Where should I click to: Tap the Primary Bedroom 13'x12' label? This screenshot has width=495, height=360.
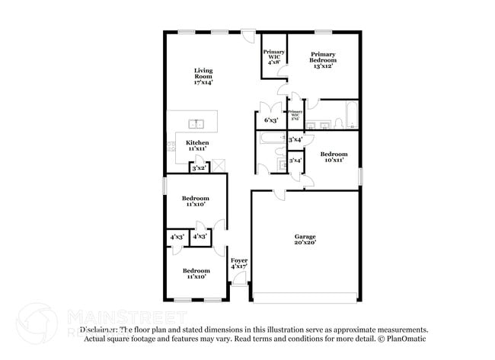(323, 60)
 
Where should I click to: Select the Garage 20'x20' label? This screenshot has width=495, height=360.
(305, 240)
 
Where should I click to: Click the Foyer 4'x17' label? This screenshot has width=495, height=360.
(239, 263)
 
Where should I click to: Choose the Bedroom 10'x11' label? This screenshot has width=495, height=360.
(333, 157)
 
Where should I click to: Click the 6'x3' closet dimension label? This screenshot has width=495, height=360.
(270, 120)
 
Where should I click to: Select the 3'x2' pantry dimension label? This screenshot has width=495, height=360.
(199, 168)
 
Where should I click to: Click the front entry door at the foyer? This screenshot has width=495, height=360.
(239, 281)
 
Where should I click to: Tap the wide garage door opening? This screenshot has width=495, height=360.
(305, 295)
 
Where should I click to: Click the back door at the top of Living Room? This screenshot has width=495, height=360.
(248, 33)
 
